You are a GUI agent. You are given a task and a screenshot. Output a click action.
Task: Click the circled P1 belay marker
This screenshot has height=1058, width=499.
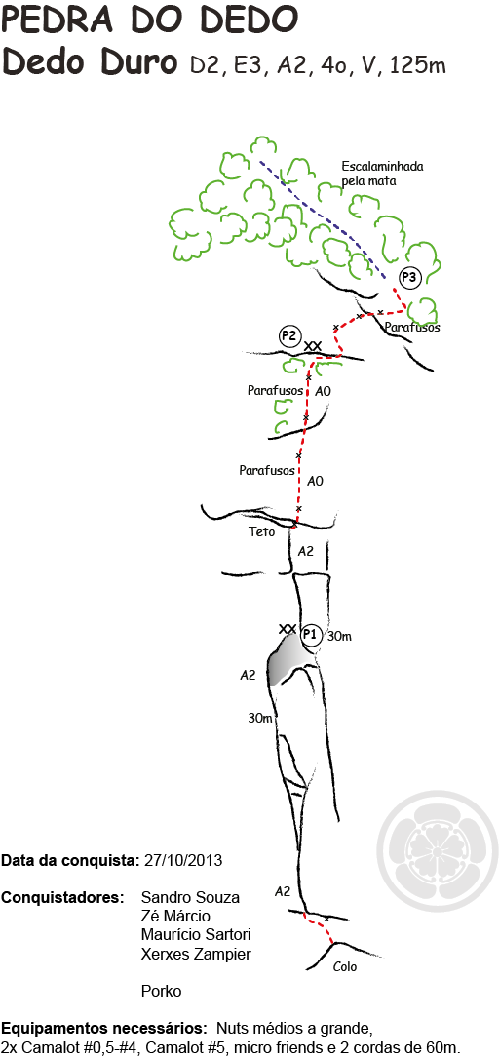click(310, 634)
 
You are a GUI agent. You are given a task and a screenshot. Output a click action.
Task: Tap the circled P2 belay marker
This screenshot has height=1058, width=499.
click(289, 336)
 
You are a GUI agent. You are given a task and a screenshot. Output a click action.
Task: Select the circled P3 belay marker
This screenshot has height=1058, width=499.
click(410, 277)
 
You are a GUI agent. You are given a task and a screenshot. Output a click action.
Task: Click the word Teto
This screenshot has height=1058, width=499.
click(261, 532)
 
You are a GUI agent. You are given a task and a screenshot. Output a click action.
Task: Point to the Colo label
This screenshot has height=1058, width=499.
click(345, 967)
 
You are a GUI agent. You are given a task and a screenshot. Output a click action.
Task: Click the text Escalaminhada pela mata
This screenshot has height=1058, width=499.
click(382, 173)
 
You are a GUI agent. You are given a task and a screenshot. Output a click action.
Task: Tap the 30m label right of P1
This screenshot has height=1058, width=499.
click(339, 636)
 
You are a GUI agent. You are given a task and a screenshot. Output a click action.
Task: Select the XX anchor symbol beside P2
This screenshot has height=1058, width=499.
click(312, 346)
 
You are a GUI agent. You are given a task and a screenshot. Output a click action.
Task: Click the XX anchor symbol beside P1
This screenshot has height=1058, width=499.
click(288, 629)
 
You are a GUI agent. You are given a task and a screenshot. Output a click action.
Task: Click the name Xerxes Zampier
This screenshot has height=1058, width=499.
click(196, 954)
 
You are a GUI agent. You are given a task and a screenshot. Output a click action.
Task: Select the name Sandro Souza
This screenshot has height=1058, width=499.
click(190, 898)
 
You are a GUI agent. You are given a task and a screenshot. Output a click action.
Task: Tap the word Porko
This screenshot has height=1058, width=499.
click(161, 992)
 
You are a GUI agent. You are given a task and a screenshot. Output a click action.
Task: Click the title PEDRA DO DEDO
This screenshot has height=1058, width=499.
click(149, 19)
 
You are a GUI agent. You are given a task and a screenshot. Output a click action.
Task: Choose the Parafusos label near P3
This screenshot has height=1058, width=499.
click(412, 328)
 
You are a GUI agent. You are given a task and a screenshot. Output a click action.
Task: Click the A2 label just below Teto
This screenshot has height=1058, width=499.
click(305, 551)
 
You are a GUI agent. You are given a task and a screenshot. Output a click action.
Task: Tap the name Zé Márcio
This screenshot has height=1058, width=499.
click(175, 917)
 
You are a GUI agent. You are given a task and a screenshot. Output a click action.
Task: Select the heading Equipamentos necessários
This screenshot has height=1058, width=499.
click(104, 1029)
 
